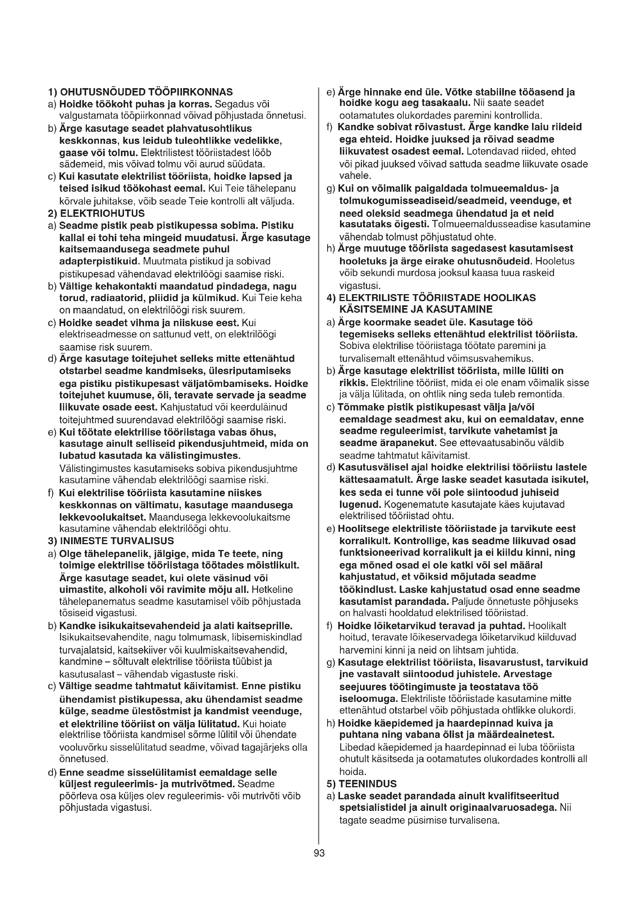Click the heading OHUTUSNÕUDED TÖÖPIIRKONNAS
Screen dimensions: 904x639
click(x=146, y=92)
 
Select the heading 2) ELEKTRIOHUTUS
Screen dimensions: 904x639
click(x=96, y=213)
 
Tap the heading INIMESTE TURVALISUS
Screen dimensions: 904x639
click(x=116, y=541)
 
